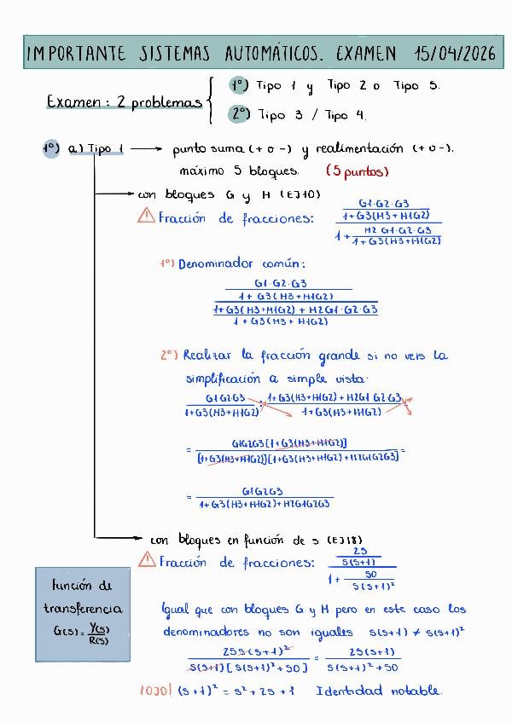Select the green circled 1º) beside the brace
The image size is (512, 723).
point(238,86)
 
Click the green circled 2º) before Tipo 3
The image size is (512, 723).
point(240,114)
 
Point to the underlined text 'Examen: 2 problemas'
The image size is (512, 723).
point(124,102)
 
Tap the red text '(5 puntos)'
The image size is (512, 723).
point(357,171)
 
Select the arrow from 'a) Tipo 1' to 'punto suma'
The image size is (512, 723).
point(146,149)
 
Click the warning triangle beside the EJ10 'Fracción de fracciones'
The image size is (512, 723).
point(146,217)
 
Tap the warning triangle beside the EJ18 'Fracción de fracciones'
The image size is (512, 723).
point(147,561)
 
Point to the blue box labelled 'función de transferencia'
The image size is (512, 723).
point(84,613)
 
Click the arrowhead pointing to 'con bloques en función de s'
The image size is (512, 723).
point(137,538)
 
